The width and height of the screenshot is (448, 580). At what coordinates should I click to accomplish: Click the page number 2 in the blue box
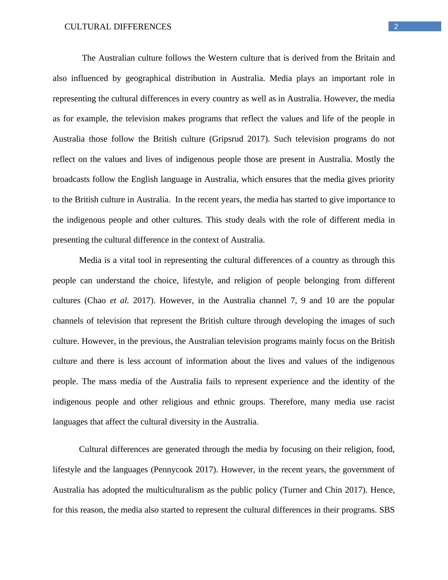click(396, 26)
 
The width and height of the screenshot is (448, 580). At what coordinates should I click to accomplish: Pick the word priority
click(381, 179)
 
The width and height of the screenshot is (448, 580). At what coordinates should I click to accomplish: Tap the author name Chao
click(97, 301)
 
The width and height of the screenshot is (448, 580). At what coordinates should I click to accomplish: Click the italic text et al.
click(119, 301)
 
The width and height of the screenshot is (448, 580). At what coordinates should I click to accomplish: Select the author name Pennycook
click(173, 470)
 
